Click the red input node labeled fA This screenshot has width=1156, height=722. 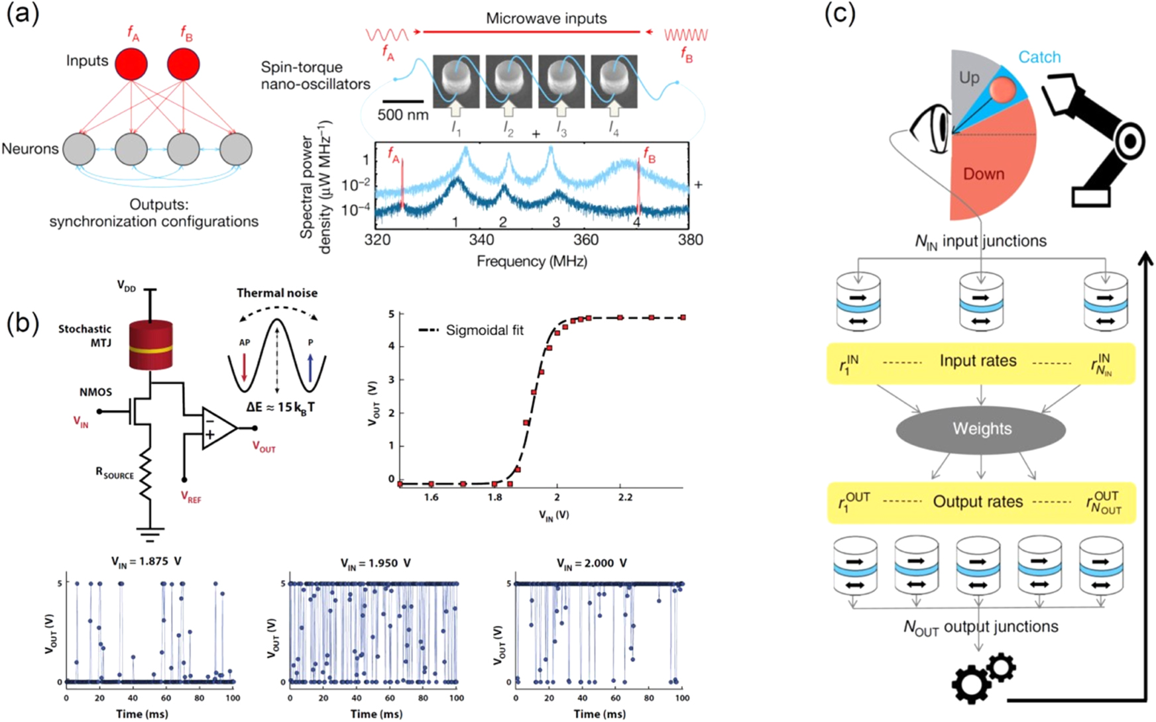131,64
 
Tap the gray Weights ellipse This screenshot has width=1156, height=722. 980,429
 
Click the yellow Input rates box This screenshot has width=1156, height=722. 980,362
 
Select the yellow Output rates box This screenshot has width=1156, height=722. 980,502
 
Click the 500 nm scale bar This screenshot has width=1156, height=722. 402,101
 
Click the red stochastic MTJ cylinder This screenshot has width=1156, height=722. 150,345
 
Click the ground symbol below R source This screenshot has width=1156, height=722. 150,531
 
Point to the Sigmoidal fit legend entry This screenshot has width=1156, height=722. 471,330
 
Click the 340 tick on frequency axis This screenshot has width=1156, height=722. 482,240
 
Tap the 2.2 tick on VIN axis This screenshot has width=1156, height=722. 625,497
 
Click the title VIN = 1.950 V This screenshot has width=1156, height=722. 376,563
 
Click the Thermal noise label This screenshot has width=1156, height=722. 277,293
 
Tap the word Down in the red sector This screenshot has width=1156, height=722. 983,174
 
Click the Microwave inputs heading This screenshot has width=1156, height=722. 546,19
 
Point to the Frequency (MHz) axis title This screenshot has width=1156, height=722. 532,262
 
